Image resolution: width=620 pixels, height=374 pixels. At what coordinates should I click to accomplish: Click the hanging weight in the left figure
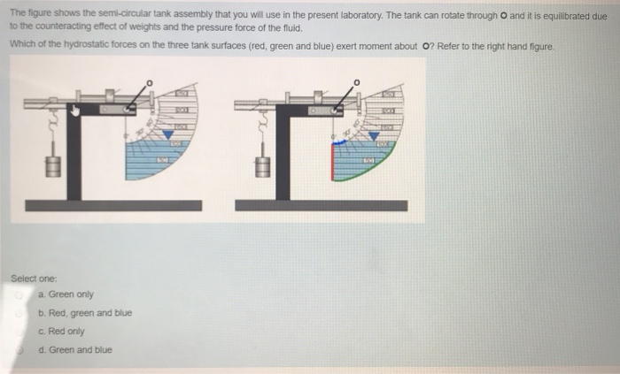point(53,164)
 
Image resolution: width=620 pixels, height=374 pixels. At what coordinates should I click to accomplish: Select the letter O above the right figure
point(357,82)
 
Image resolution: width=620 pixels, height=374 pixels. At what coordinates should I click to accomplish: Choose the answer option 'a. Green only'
point(66,294)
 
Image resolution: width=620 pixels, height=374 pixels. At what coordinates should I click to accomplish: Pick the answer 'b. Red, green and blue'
point(85,313)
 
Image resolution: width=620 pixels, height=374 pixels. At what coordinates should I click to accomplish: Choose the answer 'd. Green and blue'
point(75,349)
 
